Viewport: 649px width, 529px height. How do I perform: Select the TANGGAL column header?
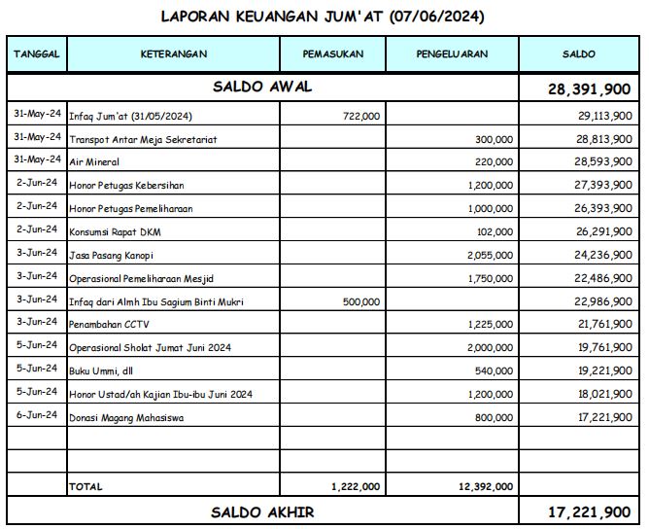tap(36, 54)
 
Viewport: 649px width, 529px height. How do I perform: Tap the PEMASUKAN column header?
tap(332, 54)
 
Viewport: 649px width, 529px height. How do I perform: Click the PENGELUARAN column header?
tap(452, 54)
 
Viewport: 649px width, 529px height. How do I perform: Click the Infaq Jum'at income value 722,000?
tap(361, 116)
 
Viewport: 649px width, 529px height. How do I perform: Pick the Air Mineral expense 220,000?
tap(494, 162)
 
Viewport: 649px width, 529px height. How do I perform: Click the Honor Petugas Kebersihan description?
tap(126, 186)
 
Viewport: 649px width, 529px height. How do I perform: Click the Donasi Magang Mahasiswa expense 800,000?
tap(494, 418)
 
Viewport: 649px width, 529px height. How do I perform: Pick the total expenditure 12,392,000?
tap(486, 486)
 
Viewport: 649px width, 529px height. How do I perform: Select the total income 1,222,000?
tap(356, 486)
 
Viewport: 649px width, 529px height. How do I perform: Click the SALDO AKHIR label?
tap(262, 511)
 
